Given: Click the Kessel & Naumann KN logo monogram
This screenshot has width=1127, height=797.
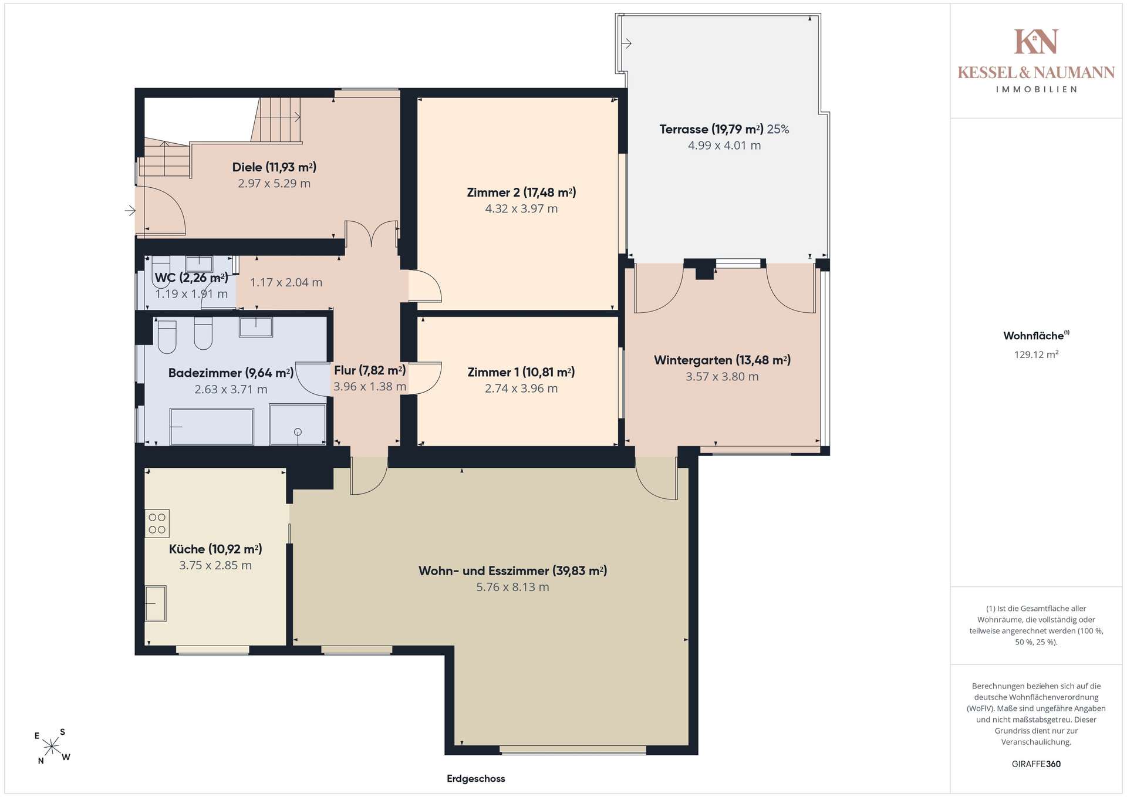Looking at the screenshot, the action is tap(1036, 42).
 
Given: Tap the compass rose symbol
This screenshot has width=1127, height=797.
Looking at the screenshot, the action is tap(52, 747).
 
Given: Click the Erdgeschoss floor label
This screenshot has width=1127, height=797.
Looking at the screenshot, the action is tap(476, 779).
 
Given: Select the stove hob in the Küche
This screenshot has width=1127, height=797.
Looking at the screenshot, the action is tap(157, 524).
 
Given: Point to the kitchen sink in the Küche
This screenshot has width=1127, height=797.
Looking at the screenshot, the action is tap(156, 603).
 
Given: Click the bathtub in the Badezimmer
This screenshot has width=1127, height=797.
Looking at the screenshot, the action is tap(212, 427).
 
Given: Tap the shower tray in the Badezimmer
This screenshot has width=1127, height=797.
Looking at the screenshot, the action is tap(298, 424).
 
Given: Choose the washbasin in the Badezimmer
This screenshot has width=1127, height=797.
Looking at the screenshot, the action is tap(256, 327).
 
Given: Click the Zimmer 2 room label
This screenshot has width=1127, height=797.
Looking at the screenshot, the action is tap(521, 193).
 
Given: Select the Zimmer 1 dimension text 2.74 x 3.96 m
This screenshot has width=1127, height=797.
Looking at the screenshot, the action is tap(521, 389).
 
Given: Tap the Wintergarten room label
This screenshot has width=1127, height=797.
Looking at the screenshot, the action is tap(722, 360).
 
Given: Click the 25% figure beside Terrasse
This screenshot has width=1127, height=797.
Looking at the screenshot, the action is tap(778, 129).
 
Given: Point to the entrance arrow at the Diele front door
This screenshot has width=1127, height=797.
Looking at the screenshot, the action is tap(130, 210).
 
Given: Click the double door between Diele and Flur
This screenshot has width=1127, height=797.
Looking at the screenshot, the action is tap(372, 234).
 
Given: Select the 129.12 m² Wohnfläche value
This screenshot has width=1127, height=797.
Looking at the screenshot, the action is tap(1037, 354).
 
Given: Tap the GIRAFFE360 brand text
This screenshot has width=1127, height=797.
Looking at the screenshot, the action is tap(1037, 764).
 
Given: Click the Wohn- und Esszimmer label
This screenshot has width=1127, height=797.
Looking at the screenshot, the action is tap(512, 571).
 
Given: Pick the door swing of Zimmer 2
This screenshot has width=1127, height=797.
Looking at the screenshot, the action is tap(425, 286).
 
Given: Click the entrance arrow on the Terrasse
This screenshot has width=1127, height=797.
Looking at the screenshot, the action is tap(626, 43).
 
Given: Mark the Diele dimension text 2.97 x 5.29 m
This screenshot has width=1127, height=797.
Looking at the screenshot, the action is tap(274, 184).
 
